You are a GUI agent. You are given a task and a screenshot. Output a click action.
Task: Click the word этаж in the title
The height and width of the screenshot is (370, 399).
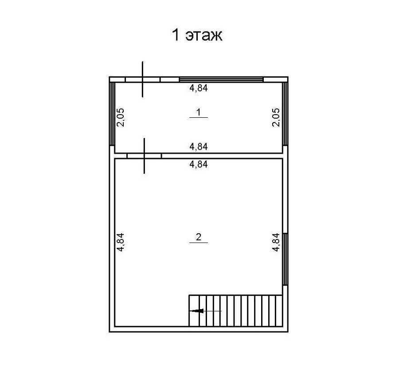204,36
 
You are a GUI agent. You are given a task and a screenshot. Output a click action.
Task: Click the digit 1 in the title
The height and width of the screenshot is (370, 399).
176,35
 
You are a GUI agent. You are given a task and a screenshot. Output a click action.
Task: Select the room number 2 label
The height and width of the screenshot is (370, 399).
199,237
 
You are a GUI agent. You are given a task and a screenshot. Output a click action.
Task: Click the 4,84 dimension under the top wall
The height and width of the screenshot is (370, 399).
199,88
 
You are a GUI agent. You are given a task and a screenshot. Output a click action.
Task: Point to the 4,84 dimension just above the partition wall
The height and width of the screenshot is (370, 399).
199,147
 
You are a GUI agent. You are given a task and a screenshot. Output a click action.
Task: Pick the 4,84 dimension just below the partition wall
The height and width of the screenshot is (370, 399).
199,164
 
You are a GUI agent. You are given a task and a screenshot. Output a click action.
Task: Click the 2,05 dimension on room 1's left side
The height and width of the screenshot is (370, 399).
120,118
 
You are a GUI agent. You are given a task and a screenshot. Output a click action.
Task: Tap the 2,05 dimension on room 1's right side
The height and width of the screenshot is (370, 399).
276,118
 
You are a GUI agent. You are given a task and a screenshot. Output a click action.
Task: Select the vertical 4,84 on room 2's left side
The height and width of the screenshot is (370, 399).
120,242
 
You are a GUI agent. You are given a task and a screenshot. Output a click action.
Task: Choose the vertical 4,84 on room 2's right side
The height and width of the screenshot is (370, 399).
276,242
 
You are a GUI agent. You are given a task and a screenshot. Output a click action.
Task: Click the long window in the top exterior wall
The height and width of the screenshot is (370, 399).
221,80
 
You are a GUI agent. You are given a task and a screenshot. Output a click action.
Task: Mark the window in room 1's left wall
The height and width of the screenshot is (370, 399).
112,114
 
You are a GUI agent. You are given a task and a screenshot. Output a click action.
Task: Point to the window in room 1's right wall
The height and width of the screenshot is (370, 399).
285,114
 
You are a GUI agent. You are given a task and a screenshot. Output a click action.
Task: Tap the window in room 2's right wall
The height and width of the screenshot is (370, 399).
285,259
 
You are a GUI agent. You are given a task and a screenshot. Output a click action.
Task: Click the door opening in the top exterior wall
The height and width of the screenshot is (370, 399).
142,80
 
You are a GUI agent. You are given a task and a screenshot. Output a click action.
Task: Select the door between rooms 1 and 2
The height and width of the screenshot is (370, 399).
144,156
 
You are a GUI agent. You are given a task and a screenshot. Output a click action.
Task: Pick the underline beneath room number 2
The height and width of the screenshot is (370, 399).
199,242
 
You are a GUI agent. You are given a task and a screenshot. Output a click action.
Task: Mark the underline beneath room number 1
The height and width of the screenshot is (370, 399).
199,117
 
